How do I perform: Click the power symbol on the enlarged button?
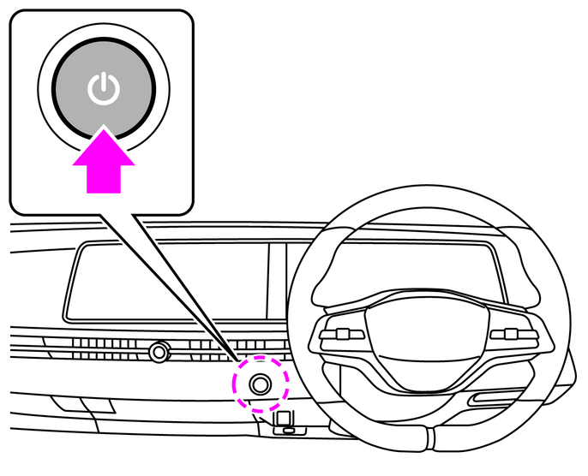pos(103,88)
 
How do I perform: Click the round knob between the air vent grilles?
pos(158,350)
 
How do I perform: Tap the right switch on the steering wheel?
pos(512,335)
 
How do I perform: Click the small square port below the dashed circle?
pos(285,419)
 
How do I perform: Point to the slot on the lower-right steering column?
pos(493,400)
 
